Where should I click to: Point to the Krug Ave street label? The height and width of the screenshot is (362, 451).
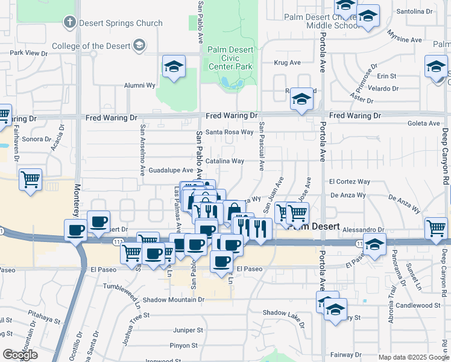[x=287, y=63]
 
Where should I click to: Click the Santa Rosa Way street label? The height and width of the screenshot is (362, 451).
[x=229, y=132]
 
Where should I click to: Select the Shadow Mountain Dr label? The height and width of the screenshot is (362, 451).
[x=174, y=299]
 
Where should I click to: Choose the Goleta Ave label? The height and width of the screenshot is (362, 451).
[x=424, y=123]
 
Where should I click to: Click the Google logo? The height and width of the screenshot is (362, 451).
[x=20, y=355]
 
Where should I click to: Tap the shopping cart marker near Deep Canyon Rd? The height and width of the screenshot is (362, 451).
[x=437, y=228]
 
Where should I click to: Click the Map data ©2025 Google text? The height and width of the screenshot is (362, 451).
[x=413, y=357]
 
